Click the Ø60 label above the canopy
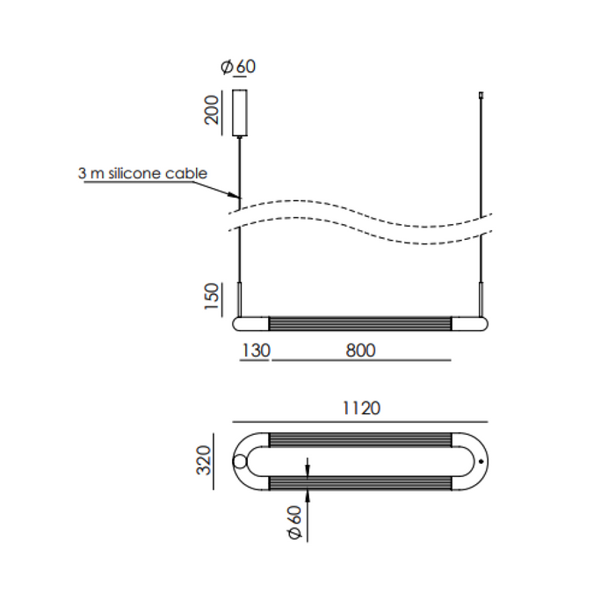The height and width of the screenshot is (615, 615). (x=238, y=67)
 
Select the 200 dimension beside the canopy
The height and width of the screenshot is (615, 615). (x=212, y=110)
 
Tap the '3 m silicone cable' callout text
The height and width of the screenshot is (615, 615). (x=142, y=173)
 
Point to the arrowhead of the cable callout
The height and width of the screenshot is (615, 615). (x=235, y=195)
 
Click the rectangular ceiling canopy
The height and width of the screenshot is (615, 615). (x=240, y=113)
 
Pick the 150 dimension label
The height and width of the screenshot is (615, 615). (x=212, y=297)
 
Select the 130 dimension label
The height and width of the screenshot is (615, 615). (x=257, y=351)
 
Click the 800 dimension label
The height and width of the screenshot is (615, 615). (x=361, y=351)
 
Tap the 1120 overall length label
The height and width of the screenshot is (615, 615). (x=361, y=409)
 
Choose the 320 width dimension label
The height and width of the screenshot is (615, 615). (x=204, y=460)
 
